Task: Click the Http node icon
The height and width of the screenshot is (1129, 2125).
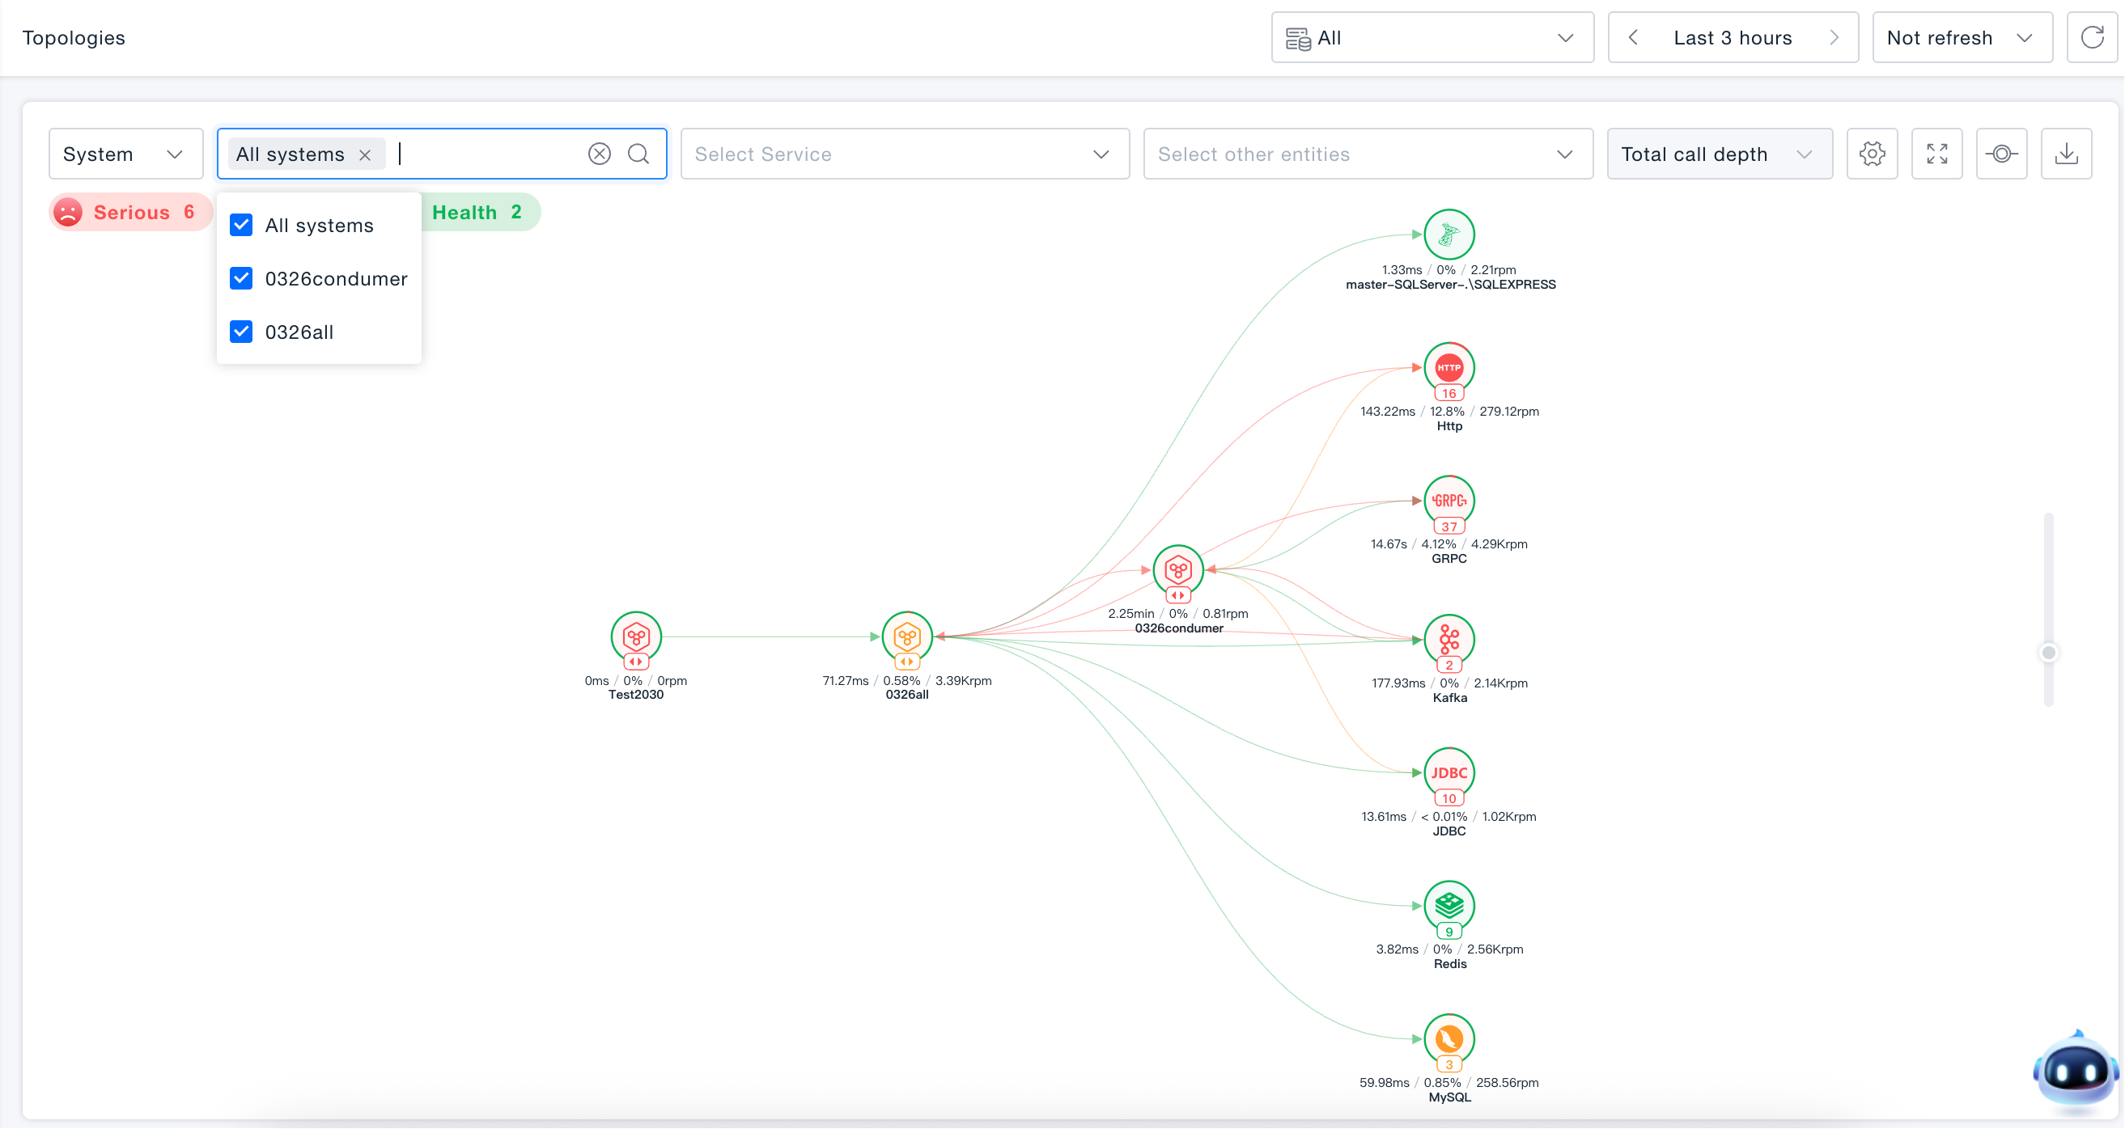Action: [1449, 368]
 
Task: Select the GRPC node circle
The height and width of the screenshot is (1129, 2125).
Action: [1449, 501]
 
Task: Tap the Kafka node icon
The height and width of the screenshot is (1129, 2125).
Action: [1449, 640]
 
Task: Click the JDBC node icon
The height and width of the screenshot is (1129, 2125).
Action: [1449, 772]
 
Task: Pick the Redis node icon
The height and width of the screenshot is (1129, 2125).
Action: [1449, 907]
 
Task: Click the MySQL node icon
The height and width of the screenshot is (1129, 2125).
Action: [1449, 1039]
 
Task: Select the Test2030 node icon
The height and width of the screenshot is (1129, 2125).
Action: [636, 636]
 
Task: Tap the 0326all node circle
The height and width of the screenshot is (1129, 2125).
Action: [907, 636]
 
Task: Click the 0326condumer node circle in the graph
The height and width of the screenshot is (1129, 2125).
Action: [1178, 570]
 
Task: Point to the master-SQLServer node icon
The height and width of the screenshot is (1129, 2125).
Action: [1449, 235]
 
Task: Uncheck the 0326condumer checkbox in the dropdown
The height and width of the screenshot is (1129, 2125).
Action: [241, 279]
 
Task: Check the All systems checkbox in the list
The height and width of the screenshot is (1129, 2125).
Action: [241, 225]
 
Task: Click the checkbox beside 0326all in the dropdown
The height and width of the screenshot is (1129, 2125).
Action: [241, 332]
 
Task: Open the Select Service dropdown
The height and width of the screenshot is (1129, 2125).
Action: [905, 154]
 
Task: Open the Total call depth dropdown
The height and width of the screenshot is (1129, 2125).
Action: [1720, 154]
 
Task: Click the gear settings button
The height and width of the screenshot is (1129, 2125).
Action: [1873, 154]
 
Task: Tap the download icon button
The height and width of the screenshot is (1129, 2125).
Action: [2067, 154]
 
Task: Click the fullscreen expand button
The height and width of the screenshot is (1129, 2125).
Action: [1937, 154]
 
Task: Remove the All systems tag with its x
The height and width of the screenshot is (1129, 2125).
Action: [365, 155]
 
